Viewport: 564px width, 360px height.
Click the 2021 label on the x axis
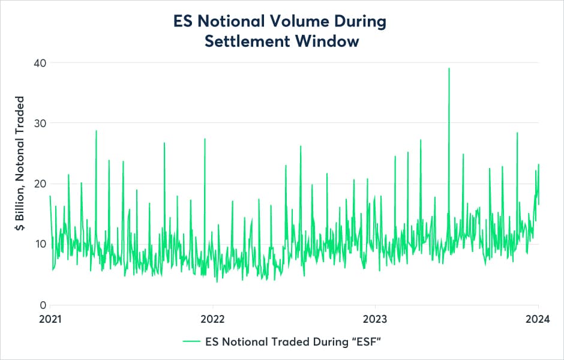pos(50,319)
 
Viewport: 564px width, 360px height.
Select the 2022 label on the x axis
pos(212,319)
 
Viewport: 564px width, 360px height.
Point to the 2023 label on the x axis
pos(376,319)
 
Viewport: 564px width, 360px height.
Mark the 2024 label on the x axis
pos(538,319)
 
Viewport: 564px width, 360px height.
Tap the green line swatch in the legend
pos(190,341)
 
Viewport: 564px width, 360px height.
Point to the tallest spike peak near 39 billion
pos(449,68)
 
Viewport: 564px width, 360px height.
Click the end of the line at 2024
pos(539,204)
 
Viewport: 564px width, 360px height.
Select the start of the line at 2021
pos(50,196)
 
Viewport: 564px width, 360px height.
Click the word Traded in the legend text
pos(290,341)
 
